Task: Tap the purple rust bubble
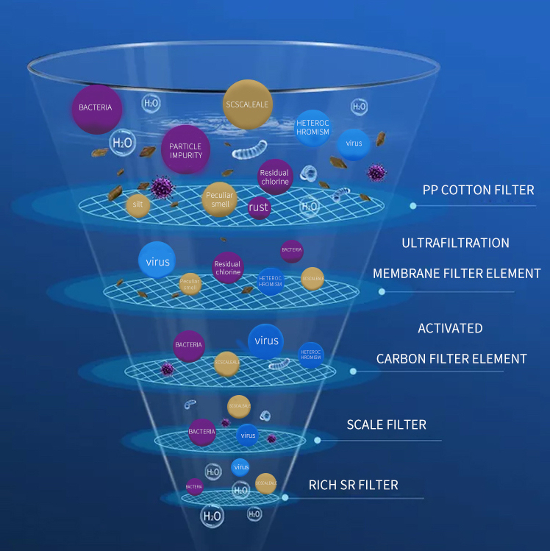(x=259, y=207)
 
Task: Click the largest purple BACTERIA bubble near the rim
(x=96, y=108)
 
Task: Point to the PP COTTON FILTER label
(x=478, y=190)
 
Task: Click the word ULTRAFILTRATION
(x=455, y=243)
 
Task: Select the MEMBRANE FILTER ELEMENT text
(x=457, y=274)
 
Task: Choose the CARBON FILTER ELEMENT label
(x=451, y=359)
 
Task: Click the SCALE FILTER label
(x=386, y=425)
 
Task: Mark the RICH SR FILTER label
(x=354, y=485)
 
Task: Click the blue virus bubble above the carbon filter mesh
(x=266, y=341)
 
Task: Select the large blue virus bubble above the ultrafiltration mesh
(x=157, y=261)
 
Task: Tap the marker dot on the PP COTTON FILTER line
(x=413, y=206)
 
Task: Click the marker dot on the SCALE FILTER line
(x=318, y=441)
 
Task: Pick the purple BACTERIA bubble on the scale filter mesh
(x=201, y=432)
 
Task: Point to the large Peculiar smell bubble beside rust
(x=219, y=200)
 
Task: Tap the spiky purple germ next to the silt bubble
(x=162, y=188)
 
